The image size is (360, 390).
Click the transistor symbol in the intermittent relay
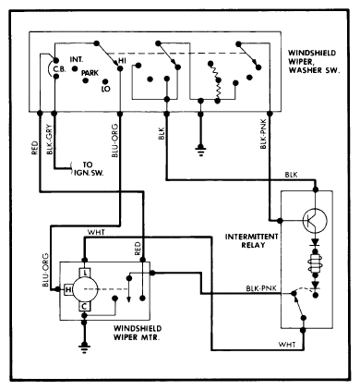click(315, 220)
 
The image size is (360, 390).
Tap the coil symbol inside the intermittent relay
click(315, 262)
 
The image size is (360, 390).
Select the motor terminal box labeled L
click(85, 273)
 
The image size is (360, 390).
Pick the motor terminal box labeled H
click(68, 289)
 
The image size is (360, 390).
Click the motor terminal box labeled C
click(85, 307)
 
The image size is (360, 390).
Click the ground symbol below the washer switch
click(200, 151)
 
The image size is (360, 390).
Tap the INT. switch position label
click(77, 59)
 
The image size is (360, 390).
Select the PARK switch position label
click(90, 73)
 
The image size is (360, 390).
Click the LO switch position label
click(105, 89)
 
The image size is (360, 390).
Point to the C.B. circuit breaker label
click(59, 69)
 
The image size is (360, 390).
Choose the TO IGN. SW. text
click(89, 169)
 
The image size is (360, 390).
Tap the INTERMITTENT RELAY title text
click(251, 241)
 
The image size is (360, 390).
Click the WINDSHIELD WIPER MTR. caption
click(138, 333)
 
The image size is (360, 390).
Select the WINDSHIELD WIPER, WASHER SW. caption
click(314, 62)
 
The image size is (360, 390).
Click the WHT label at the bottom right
click(287, 345)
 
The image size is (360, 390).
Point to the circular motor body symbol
click(85, 289)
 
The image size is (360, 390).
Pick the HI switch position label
click(122, 61)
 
